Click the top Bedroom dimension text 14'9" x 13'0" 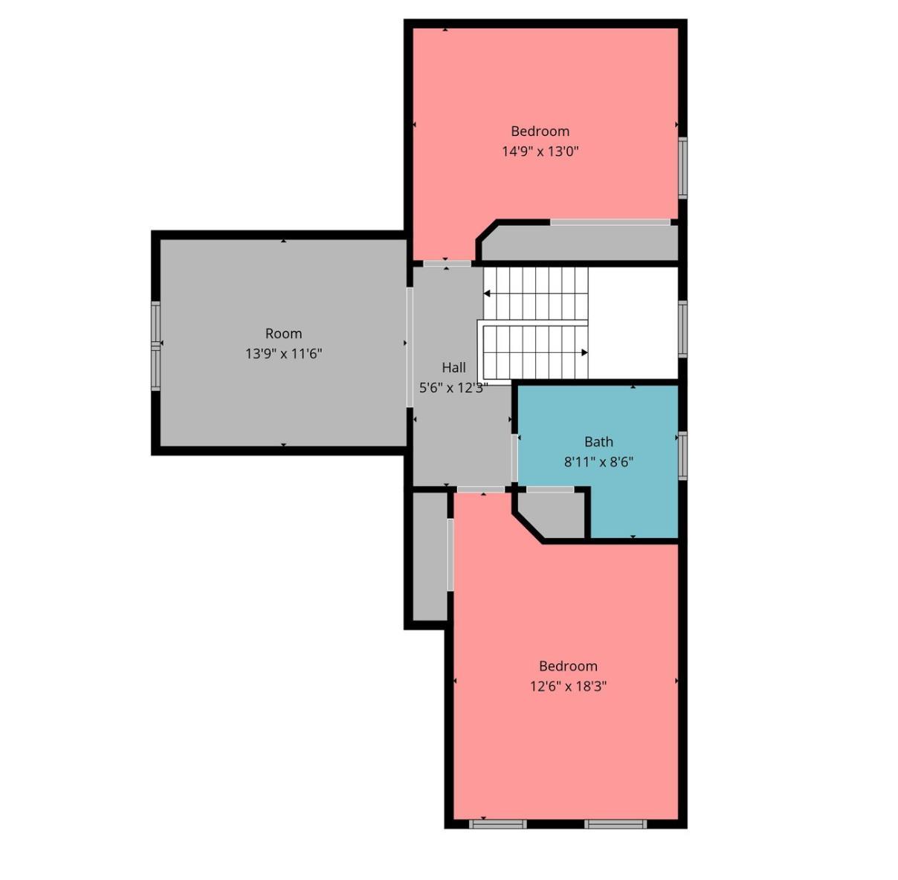click(x=540, y=152)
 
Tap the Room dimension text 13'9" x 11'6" click(x=284, y=354)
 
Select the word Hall click(x=453, y=368)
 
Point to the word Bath click(x=599, y=441)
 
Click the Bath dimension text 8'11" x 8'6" click(x=599, y=462)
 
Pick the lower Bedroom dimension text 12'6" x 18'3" click(x=568, y=687)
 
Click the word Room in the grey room click(x=284, y=333)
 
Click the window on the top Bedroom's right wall click(x=682, y=168)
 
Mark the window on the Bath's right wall click(x=682, y=456)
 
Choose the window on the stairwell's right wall click(x=682, y=329)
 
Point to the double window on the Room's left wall click(x=155, y=346)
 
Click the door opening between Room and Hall click(x=410, y=347)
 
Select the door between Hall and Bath click(x=514, y=458)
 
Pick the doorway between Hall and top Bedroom click(x=448, y=264)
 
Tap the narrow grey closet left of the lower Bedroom click(x=430, y=557)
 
